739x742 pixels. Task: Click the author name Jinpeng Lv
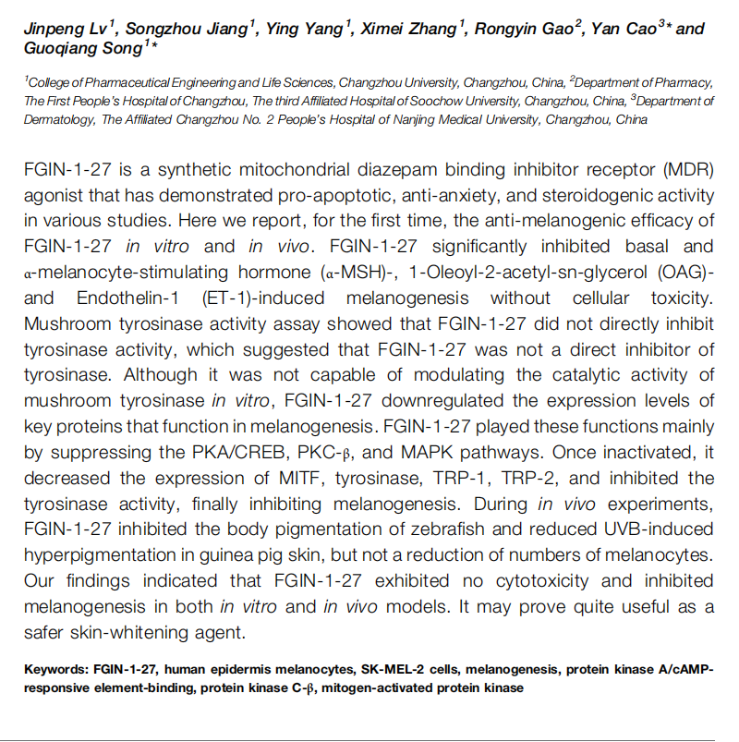[x=60, y=28]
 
